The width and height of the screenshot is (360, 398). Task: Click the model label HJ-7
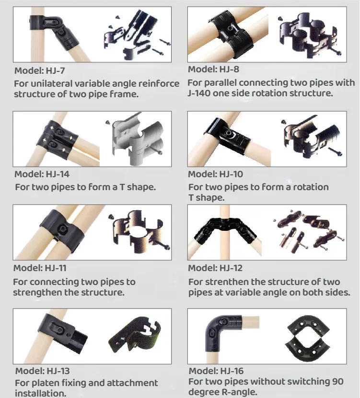40,70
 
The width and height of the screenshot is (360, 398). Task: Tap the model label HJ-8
213,69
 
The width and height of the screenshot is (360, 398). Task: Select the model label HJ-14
42,174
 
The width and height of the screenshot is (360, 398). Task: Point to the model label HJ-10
215,174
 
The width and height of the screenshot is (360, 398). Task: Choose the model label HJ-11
40,268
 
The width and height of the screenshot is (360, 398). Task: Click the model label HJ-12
215,268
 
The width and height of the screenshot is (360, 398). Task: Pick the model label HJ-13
43,371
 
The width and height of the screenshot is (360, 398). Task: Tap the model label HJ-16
216,371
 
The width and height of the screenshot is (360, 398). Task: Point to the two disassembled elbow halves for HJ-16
308,335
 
